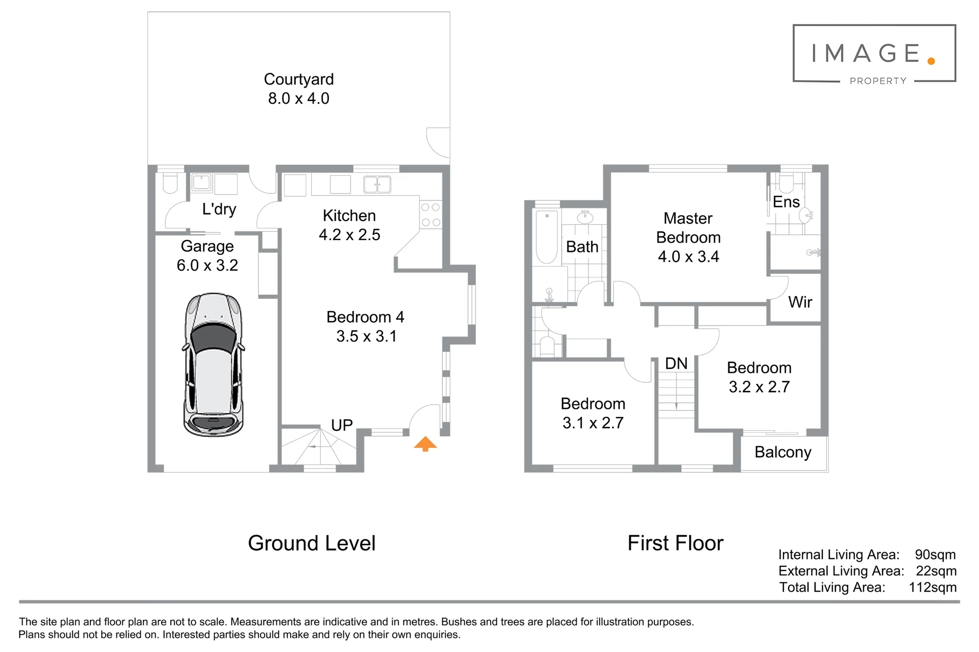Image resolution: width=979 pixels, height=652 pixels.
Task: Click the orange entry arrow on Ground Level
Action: tap(425, 444)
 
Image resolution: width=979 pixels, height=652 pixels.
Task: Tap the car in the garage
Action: tap(213, 365)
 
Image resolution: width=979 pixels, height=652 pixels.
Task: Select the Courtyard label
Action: tap(299, 79)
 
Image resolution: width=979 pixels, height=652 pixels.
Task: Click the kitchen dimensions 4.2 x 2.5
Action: tap(350, 235)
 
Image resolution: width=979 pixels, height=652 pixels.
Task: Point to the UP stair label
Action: tap(342, 425)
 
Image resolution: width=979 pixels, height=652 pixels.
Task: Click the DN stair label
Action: tap(676, 363)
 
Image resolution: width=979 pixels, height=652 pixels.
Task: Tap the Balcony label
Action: tap(783, 452)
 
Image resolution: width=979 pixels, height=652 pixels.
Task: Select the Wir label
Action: tap(800, 302)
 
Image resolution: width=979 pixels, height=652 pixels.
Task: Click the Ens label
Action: tap(786, 202)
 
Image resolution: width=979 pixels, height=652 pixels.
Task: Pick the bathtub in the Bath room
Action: tap(547, 237)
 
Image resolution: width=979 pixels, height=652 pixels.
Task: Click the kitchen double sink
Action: tap(377, 184)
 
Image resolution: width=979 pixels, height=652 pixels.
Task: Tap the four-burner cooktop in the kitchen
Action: tap(431, 215)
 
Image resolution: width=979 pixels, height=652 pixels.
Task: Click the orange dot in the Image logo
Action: tap(931, 61)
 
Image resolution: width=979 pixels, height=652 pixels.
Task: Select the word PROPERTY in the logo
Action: tap(878, 81)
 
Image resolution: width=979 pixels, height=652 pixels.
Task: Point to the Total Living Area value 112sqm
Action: tap(932, 587)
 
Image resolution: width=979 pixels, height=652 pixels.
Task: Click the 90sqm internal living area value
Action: tap(935, 555)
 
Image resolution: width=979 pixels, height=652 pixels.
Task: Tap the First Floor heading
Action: tap(676, 543)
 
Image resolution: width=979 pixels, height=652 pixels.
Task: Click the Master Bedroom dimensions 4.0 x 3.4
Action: tap(688, 257)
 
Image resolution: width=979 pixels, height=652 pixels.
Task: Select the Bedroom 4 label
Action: tap(365, 317)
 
